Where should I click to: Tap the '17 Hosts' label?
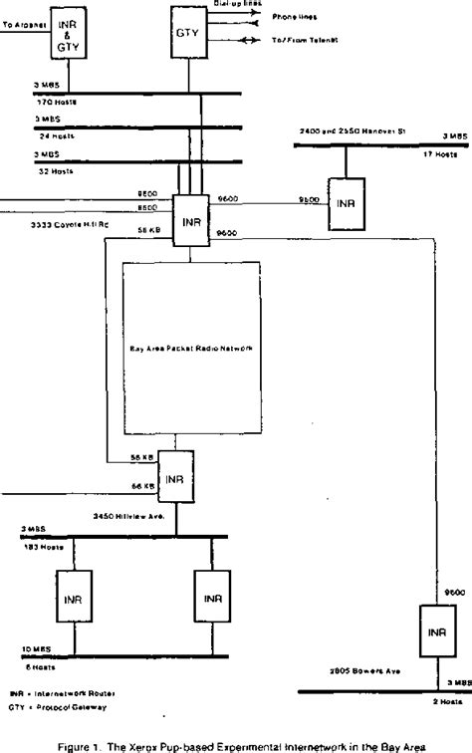point(442,152)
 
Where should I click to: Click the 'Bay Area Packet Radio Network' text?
point(190,350)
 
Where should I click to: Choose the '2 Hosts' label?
point(444,701)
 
